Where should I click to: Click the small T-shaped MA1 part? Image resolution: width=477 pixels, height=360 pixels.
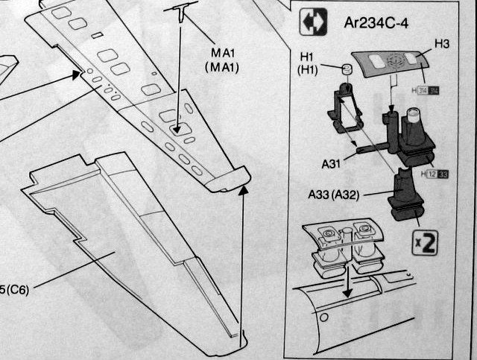[183, 10]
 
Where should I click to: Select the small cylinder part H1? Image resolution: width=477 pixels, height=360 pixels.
[346, 71]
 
